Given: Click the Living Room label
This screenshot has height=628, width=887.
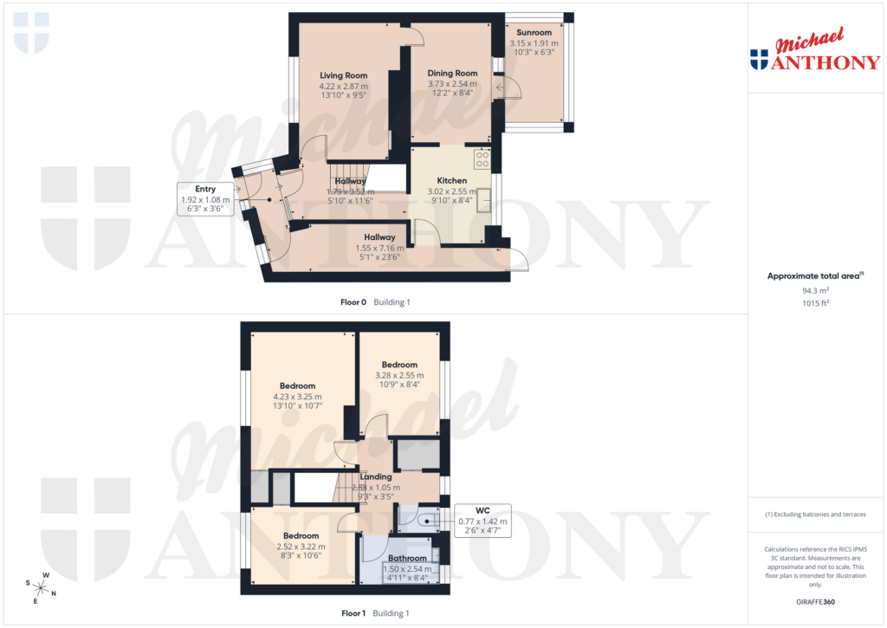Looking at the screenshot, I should (344, 75).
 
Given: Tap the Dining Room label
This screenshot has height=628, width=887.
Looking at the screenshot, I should (452, 74).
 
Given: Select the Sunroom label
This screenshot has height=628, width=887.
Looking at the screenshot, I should (534, 33).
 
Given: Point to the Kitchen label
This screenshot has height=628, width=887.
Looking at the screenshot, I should (452, 180).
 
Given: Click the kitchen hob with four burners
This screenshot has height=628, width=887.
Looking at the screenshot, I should (482, 159).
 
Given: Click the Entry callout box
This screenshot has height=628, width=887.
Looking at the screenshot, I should (205, 198).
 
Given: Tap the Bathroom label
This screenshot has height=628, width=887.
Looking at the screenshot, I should (407, 559).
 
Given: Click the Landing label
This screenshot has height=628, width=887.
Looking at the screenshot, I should (376, 476).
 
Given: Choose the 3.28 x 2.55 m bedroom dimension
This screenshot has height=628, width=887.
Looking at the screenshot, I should (400, 375).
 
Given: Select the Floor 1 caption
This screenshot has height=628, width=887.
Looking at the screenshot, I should (353, 613).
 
